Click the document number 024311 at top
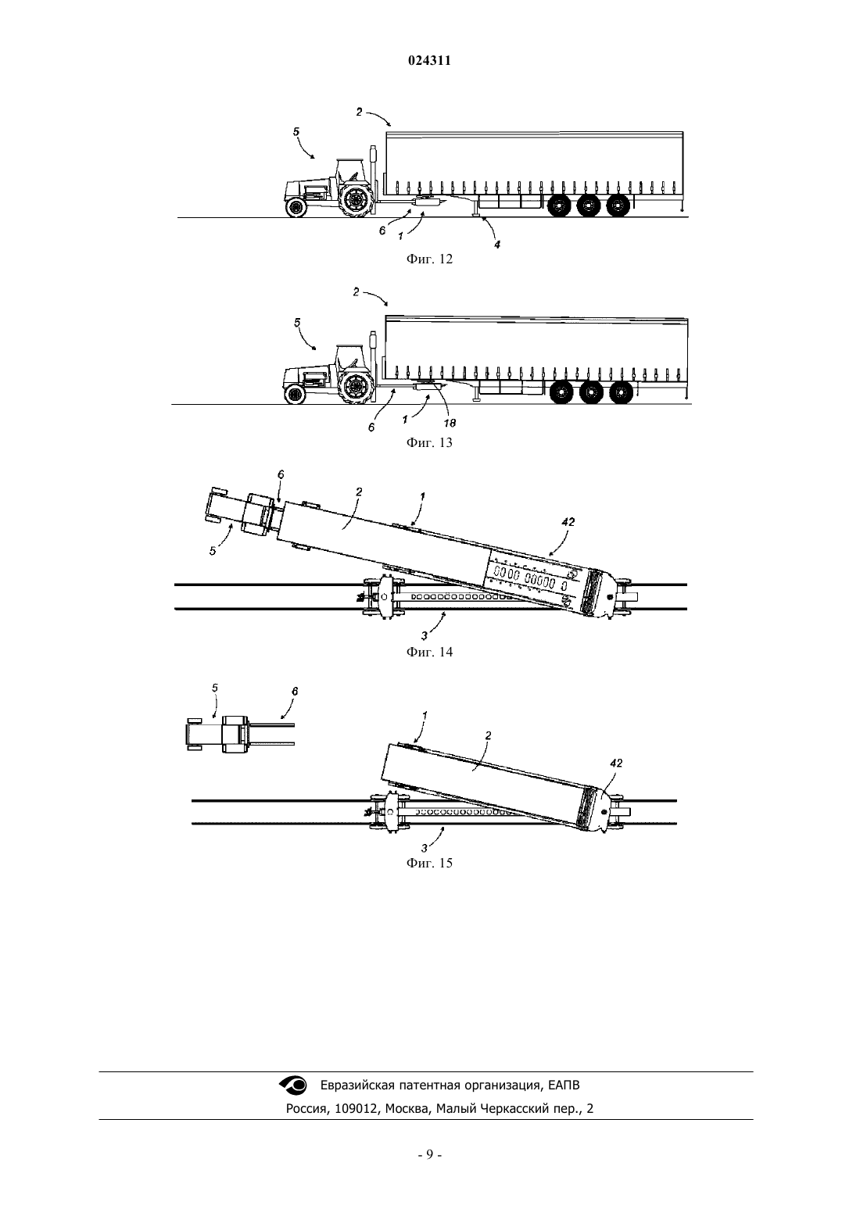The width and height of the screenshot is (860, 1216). pos(429,61)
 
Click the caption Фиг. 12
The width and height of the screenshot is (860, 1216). pos(429,259)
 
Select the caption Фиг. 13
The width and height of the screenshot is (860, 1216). pos(429,442)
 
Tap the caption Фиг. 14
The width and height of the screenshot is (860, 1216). pos(429,652)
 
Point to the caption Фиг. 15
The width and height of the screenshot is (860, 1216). pos(429,863)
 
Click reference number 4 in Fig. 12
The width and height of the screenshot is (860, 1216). pos(496,245)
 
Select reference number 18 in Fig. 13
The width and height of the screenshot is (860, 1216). pos(450,423)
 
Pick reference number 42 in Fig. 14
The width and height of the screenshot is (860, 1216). pos(568,522)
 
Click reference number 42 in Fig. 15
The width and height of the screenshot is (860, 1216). pos(616,763)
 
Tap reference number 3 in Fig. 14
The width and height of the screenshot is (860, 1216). pos(424,635)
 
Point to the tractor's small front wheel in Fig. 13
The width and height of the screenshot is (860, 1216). pos(295,394)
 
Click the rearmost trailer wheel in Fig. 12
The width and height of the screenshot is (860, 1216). pos(618,206)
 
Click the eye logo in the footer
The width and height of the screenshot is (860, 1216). pos(293,1085)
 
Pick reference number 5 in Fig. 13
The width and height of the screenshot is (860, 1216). pos(297,323)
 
